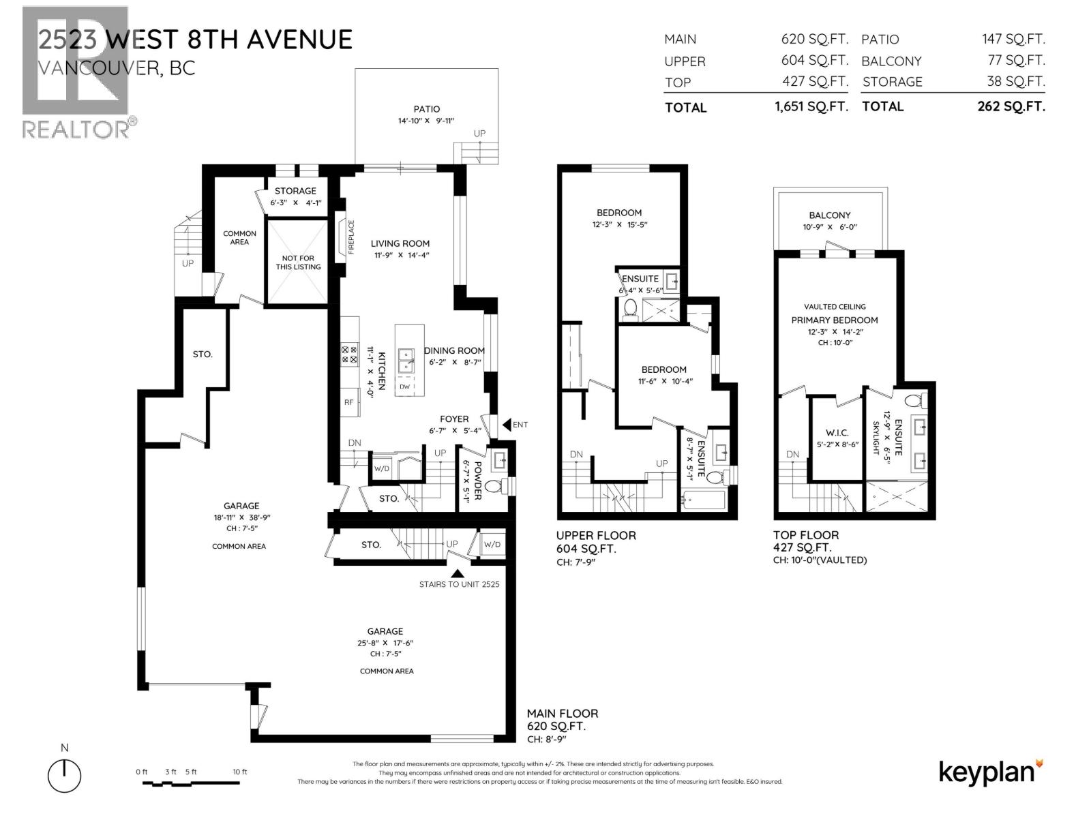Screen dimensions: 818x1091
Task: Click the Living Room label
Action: [x=400, y=243]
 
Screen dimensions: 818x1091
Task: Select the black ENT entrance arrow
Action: [x=507, y=425]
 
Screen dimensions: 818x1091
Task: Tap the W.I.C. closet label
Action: [x=837, y=433]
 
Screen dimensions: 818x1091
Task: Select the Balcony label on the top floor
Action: [x=830, y=215]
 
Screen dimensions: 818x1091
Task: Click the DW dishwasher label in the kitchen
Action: [x=404, y=387]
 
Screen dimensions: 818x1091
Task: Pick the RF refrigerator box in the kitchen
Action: [x=349, y=402]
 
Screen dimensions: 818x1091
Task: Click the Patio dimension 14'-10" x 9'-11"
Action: [x=426, y=121]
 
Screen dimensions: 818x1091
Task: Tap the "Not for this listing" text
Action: [x=298, y=262]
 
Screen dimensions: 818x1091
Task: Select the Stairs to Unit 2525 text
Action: [x=464, y=584]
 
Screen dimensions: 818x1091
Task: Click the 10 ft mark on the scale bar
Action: [x=240, y=772]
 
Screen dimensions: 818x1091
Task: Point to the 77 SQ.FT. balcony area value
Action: [x=1016, y=60]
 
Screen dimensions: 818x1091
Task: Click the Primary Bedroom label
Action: [x=835, y=320]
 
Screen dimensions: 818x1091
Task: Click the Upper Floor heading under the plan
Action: [x=596, y=535]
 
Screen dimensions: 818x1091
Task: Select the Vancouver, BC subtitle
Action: [x=116, y=68]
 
